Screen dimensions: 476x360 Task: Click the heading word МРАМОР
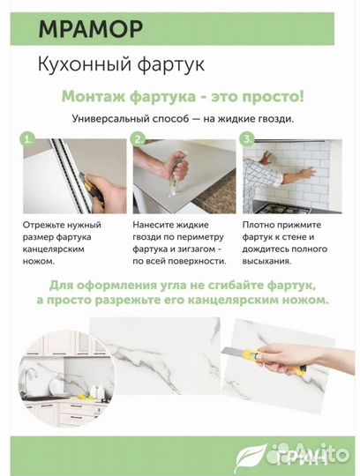coord(90,29)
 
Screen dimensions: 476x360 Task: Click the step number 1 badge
coord(29,139)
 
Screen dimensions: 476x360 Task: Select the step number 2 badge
coord(138,139)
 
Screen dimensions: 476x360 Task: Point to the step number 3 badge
coord(247,139)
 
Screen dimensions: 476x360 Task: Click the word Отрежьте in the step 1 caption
coord(49,226)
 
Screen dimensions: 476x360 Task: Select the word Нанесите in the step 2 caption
coord(157,226)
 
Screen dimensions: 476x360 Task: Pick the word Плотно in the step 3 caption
coord(259,226)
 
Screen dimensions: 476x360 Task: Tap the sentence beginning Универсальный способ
coord(183,118)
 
